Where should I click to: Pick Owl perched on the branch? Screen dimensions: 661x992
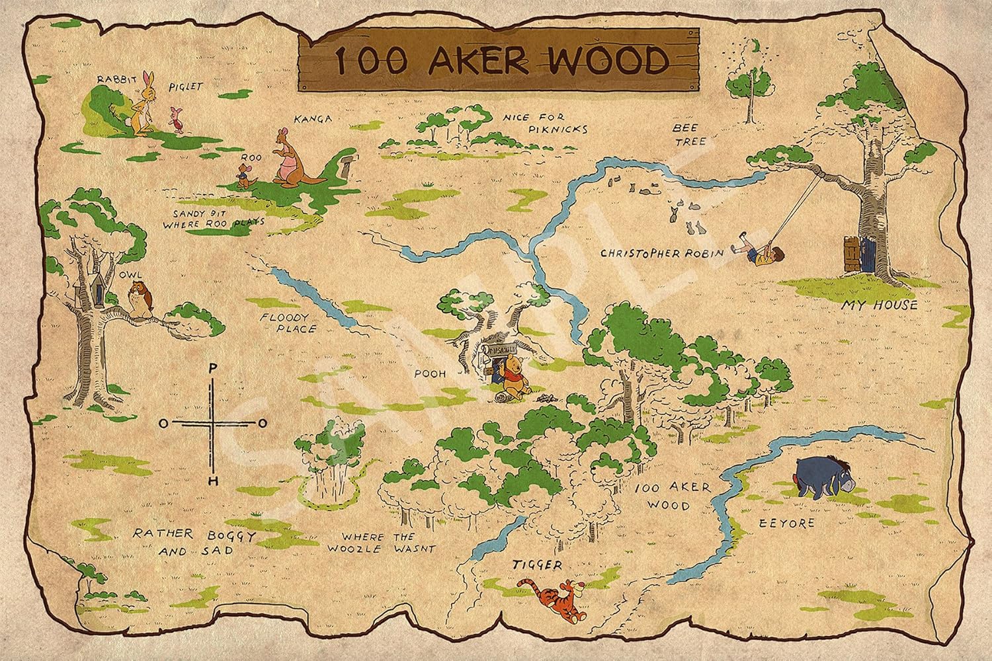pos(138,298)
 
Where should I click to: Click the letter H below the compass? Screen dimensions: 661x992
pos(212,481)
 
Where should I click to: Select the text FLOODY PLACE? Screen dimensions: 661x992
pos(288,323)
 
